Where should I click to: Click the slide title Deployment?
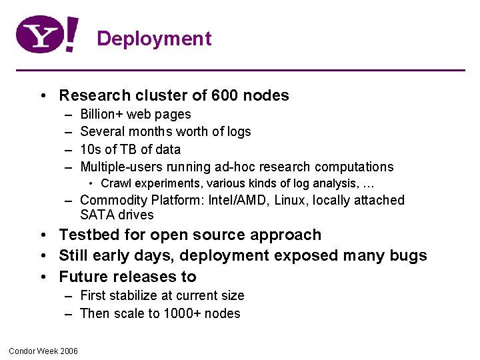tap(154, 39)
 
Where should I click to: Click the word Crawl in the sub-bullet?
tap(115, 183)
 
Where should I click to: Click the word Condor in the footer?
tap(21, 351)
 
